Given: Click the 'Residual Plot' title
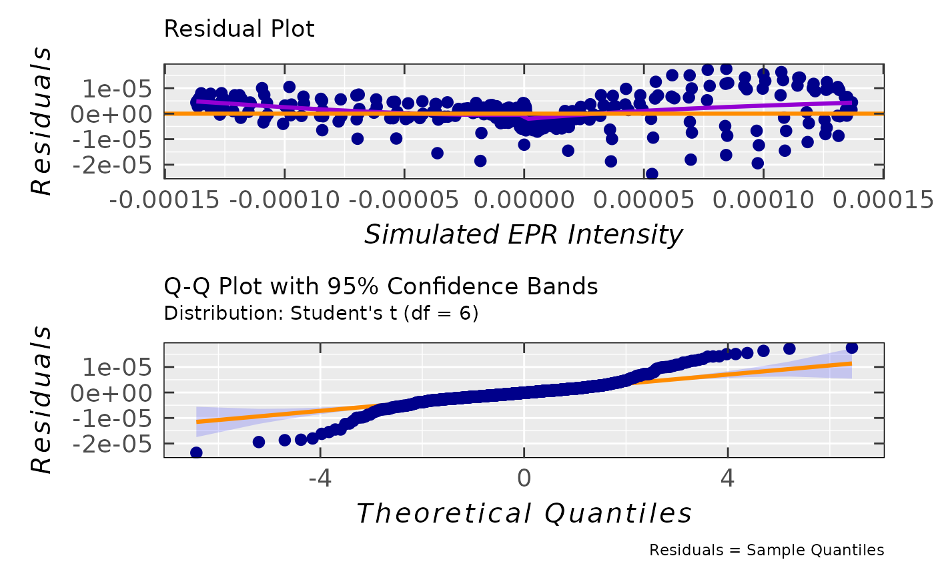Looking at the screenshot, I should [x=239, y=29].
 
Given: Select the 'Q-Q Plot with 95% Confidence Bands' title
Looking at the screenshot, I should [x=380, y=286].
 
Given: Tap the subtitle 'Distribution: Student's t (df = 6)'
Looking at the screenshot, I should [x=321, y=313].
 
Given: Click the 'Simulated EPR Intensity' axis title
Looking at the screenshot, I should [x=524, y=234].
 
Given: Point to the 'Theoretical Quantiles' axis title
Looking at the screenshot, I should [x=524, y=513].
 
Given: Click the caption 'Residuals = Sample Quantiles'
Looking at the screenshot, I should [x=767, y=550].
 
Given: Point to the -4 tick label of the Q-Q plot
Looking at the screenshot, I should [x=320, y=478].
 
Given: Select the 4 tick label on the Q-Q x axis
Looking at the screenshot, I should [x=728, y=478].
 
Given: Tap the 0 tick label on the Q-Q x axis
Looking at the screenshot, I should [x=524, y=478].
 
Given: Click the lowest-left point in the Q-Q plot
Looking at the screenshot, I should [x=196, y=453].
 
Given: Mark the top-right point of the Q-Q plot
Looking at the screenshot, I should [x=851, y=348].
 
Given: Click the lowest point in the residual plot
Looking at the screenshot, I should [x=652, y=174].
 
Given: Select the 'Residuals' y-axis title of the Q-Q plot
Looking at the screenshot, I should [x=41, y=400].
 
